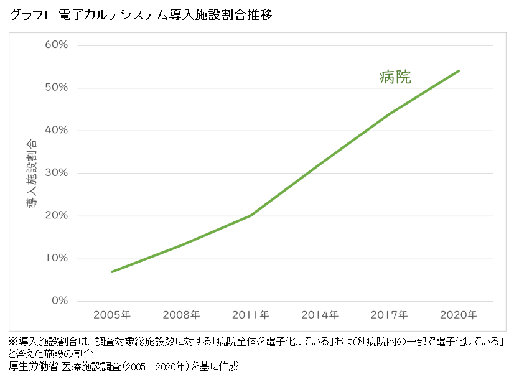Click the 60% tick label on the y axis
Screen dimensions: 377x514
point(56,45)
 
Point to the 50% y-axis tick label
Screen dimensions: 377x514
point(56,88)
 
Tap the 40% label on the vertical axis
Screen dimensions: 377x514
point(56,131)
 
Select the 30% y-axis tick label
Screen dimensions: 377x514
point(56,173)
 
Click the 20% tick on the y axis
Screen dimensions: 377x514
point(56,216)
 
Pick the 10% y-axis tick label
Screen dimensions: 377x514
point(56,258)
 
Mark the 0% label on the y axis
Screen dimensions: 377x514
point(59,301)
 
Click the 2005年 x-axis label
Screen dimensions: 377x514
point(112,315)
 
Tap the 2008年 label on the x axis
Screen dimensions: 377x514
point(181,315)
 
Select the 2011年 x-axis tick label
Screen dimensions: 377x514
point(250,315)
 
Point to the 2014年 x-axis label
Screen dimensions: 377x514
point(320,315)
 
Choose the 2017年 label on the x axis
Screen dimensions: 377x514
point(389,315)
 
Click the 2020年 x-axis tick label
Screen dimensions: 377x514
point(459,315)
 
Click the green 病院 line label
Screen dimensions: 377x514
point(395,77)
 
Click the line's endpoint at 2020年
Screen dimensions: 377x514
point(459,71)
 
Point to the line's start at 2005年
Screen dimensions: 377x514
point(112,272)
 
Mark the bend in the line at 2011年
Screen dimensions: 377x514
point(250,216)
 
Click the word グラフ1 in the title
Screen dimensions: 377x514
point(29,16)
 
